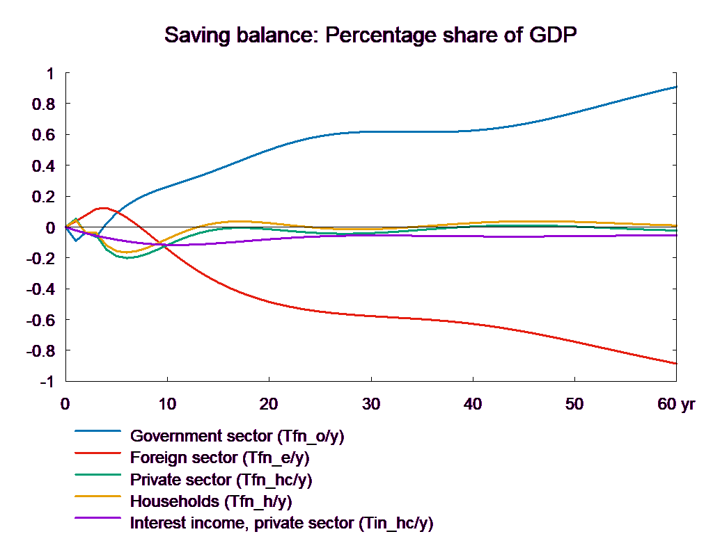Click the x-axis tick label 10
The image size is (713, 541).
point(167,404)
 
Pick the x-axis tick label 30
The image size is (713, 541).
point(371,404)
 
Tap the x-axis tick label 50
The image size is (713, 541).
point(574,404)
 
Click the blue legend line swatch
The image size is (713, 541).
point(97,436)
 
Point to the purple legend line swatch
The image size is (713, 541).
point(97,522)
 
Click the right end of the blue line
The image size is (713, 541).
point(677,87)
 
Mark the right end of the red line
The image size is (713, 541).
point(677,363)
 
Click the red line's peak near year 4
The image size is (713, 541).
point(104,207)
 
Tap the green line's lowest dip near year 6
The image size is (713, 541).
point(127,258)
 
